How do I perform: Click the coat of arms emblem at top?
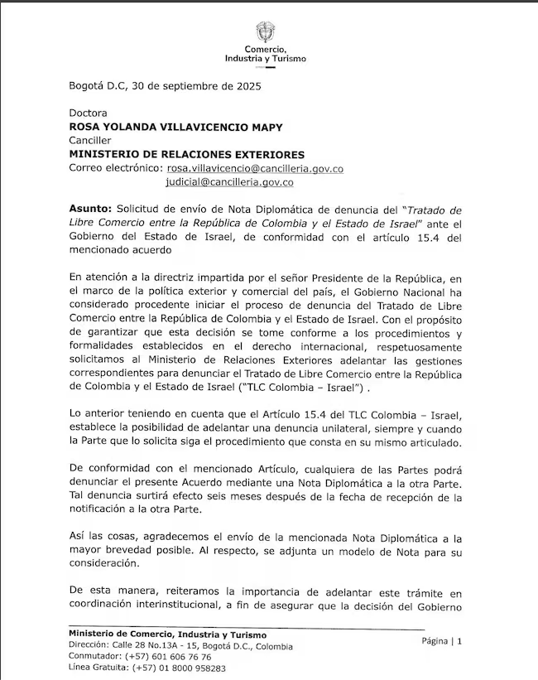click(x=265, y=32)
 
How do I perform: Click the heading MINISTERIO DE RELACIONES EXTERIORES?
click(x=186, y=154)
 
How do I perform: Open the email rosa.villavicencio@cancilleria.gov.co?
click(x=254, y=168)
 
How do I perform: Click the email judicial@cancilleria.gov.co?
click(x=229, y=181)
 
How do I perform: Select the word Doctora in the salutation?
click(x=88, y=113)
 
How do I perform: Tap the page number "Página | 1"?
click(x=441, y=640)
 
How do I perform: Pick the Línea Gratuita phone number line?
click(x=147, y=668)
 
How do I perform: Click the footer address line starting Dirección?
click(x=180, y=645)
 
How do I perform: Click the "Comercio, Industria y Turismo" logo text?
click(x=265, y=55)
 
